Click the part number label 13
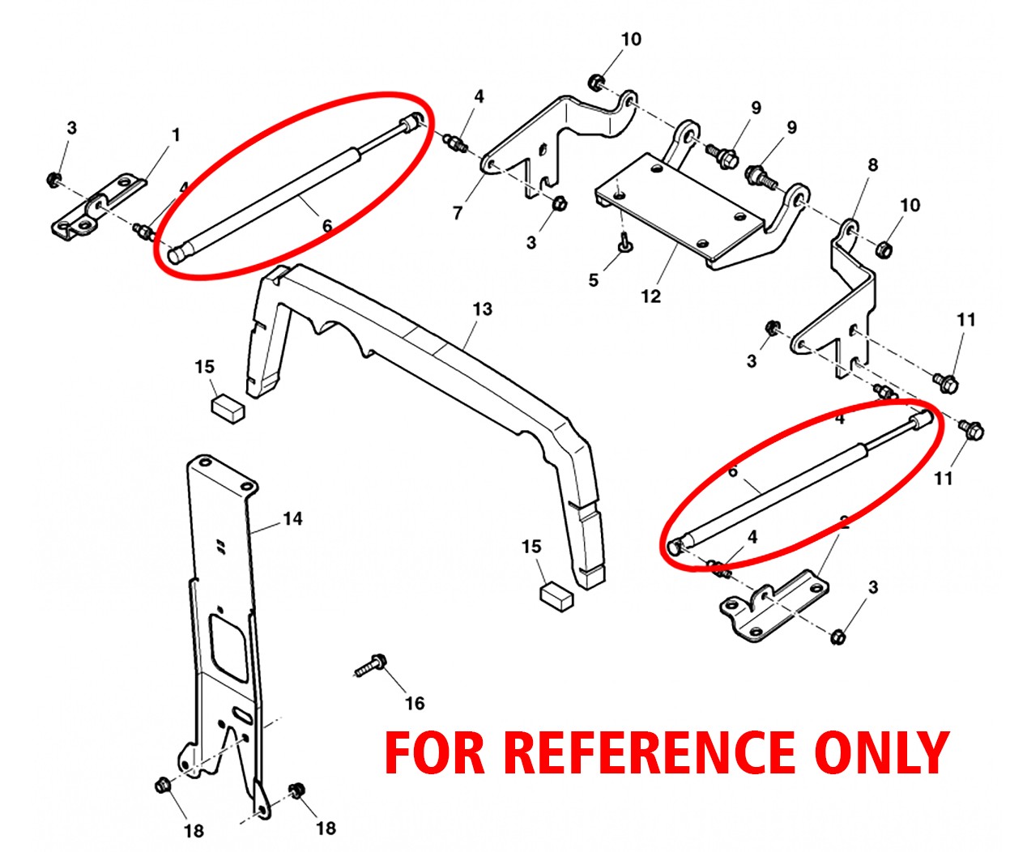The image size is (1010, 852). point(482,309)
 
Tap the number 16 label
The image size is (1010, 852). point(415,703)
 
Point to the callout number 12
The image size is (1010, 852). point(651,296)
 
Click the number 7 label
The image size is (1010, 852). point(458,213)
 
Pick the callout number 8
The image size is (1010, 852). point(872,165)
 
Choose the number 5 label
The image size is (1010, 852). point(594,280)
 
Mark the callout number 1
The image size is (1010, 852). point(176,135)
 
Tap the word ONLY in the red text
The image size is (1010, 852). point(881,752)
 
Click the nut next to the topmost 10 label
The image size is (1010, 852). point(596,82)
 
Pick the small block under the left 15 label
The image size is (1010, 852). point(228,407)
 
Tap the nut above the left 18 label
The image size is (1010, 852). point(162,785)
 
